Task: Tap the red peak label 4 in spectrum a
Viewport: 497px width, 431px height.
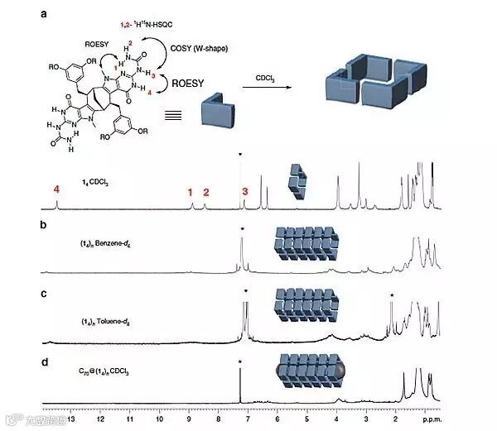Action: tap(56, 189)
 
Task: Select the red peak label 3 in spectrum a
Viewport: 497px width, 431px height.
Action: tap(244, 192)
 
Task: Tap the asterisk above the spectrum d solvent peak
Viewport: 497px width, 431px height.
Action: tap(239, 362)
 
